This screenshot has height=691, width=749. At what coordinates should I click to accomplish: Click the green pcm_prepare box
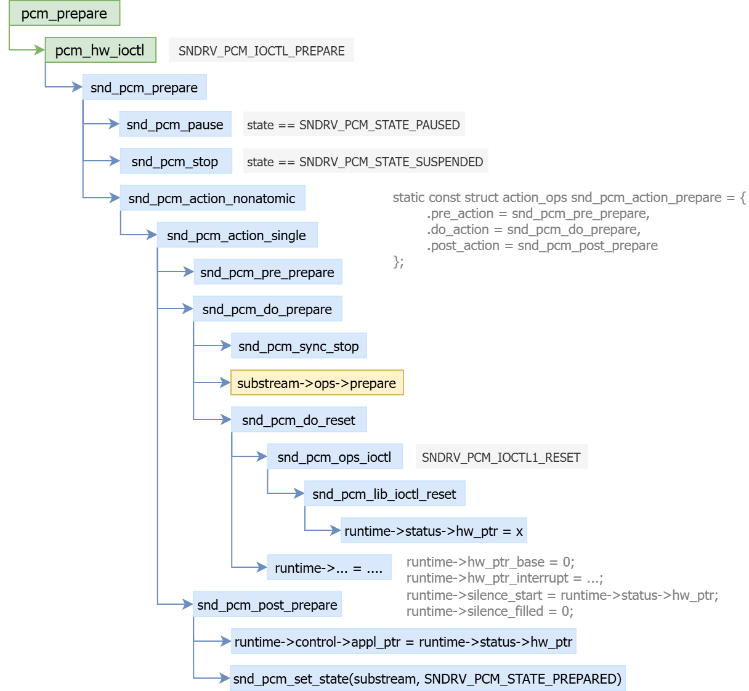pos(64,13)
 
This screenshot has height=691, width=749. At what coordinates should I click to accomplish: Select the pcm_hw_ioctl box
pos(100,50)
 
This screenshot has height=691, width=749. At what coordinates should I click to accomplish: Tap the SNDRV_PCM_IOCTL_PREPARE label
pos(261,50)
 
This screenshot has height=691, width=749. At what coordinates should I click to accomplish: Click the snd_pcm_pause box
pos(175,124)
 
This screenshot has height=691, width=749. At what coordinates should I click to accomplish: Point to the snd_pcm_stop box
pos(176,161)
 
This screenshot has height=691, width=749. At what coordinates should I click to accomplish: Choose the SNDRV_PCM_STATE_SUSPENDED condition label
pos(365,161)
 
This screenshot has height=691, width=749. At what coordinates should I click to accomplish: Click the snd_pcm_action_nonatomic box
pos(213,198)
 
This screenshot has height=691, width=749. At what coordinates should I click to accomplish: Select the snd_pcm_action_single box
pos(237,235)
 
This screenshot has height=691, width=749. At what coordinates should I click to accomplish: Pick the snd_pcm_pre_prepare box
pos(268,272)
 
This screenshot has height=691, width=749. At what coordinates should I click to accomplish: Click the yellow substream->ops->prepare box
pos(317,383)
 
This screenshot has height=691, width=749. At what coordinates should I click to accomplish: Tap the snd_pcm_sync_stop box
pos(299,346)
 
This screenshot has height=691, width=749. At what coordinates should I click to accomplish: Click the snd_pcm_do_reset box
pos(299,420)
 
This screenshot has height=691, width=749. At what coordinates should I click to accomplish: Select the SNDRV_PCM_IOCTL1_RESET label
pos(501,457)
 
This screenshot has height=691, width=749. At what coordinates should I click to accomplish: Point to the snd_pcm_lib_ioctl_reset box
pos(384,494)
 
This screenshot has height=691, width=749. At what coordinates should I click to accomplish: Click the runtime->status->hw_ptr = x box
pos(434,531)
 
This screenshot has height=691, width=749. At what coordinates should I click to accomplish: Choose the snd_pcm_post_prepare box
pos(267,605)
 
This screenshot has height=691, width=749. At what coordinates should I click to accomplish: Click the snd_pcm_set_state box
pos(427,679)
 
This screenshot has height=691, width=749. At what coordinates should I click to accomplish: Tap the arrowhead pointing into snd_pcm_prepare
pos(78,87)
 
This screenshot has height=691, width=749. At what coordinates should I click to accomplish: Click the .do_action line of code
pos(533,229)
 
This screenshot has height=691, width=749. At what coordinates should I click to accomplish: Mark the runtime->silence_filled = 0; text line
pos(490,611)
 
